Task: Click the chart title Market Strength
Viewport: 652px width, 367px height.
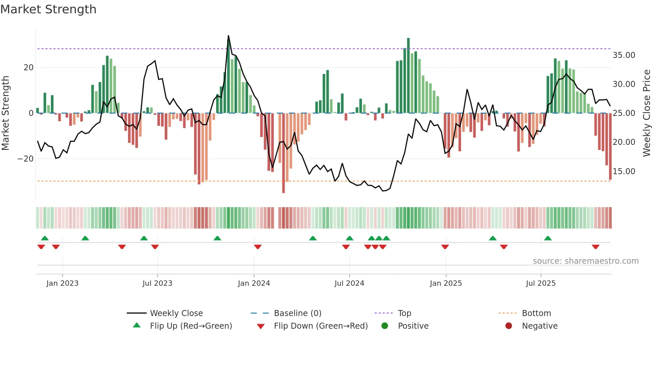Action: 48,9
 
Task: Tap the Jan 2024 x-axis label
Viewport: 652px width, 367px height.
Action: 254,283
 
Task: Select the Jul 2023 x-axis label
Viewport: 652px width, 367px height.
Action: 157,283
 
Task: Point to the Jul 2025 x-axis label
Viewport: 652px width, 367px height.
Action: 541,283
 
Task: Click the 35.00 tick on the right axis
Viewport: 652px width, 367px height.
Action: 624,55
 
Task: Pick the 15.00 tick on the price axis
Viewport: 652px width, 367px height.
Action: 624,172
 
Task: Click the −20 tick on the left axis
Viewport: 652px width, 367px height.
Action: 26,159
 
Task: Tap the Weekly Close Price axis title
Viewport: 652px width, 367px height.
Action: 646,113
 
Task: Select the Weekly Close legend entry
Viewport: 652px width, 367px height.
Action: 176,313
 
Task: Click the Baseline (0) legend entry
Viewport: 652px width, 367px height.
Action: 297,313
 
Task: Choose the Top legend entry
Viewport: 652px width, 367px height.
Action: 404,313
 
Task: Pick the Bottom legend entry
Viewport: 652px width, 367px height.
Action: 536,313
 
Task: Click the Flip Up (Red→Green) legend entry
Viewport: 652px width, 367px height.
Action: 191,326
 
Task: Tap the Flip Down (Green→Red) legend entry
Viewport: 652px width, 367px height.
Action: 321,326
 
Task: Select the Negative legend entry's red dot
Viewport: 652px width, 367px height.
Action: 509,326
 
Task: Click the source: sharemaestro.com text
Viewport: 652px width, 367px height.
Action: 585,261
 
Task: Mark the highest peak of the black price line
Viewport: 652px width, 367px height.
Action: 229,36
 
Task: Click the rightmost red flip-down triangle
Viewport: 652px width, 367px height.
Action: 595,247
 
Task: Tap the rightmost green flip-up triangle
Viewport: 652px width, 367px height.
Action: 548,238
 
